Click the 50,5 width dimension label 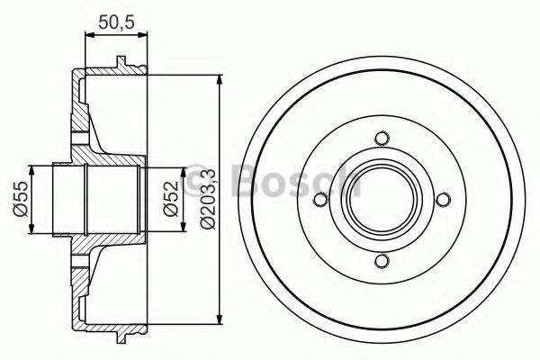116,22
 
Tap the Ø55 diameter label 21,199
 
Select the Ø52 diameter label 172,199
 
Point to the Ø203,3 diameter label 208,199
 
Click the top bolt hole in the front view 382,139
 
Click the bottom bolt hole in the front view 382,261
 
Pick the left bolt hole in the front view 320,200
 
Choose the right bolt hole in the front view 443,200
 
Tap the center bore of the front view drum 382,200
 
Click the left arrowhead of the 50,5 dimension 89,34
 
